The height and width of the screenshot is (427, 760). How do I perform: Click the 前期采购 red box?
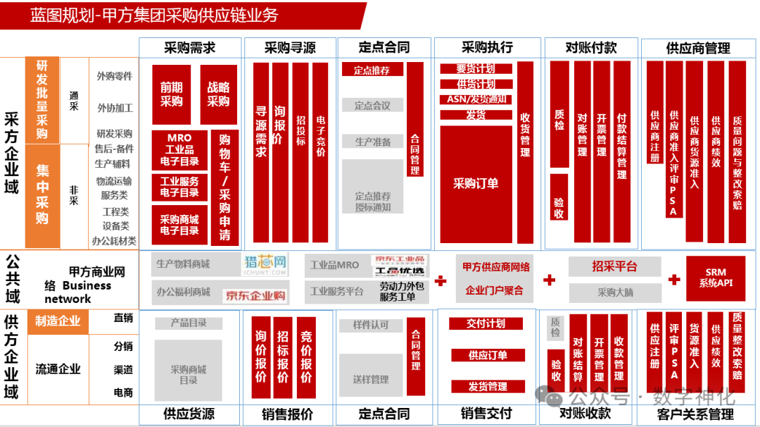point(171,94)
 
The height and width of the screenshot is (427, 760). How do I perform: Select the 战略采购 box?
point(218,94)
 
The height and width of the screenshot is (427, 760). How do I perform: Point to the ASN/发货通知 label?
point(476,99)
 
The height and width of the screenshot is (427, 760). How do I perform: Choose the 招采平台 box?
point(614,266)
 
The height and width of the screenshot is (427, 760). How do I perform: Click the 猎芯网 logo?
point(266,264)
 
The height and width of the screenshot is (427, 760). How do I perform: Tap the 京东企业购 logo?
point(255,295)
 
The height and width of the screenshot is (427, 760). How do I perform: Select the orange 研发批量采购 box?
point(42,100)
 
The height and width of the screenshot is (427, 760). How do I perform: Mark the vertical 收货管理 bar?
point(525,151)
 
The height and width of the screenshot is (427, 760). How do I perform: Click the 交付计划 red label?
point(486,323)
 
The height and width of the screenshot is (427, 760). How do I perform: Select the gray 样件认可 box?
point(370,325)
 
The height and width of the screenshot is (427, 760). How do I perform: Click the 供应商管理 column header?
point(697,48)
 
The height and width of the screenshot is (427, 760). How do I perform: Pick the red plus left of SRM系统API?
point(674,280)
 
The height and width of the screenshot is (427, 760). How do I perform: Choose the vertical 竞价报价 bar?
point(306,357)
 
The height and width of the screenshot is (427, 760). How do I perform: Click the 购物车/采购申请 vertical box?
point(224,187)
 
